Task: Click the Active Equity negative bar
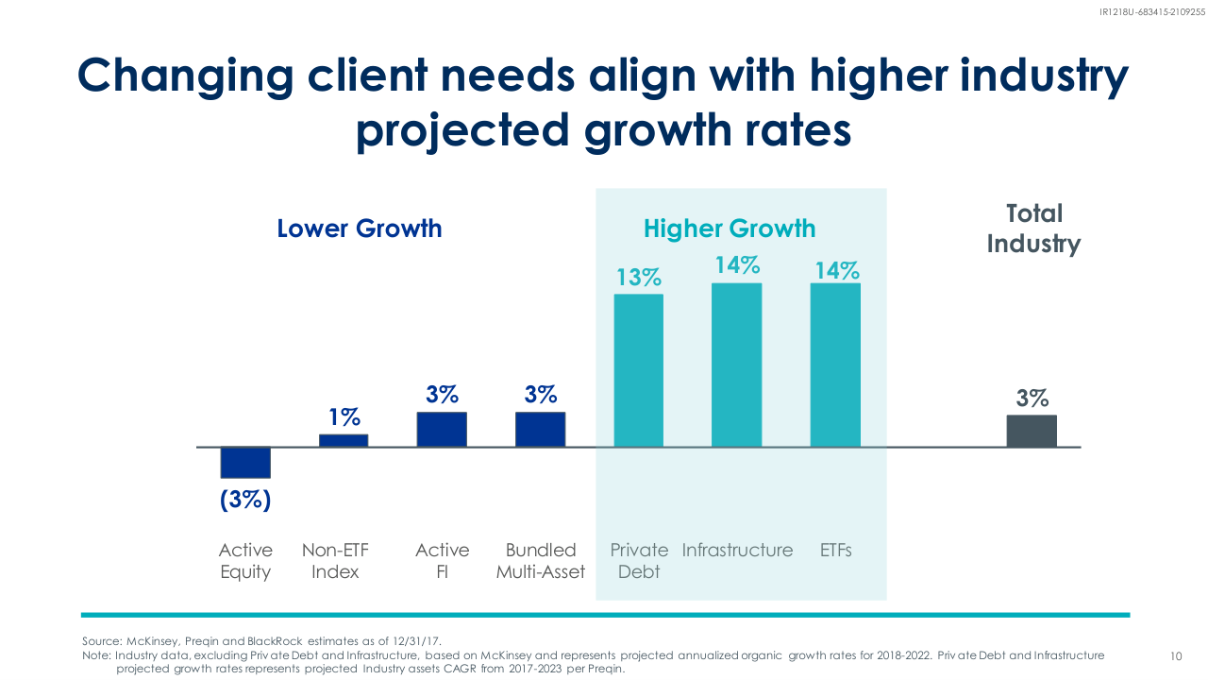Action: click(x=245, y=462)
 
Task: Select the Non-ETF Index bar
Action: click(x=344, y=440)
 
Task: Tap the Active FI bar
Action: click(x=442, y=429)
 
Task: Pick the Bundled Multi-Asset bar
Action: click(x=540, y=429)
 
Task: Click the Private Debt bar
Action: click(x=639, y=370)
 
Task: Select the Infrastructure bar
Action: click(x=736, y=365)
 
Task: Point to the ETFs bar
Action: click(x=835, y=365)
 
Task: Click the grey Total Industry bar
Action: click(x=1032, y=431)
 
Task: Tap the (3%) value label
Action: click(x=245, y=500)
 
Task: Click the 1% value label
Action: click(x=344, y=416)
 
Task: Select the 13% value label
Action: click(x=639, y=278)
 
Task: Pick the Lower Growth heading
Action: click(x=360, y=229)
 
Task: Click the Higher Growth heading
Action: click(x=730, y=229)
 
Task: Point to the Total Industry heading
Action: click(x=1033, y=229)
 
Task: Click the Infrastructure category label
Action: click(x=738, y=550)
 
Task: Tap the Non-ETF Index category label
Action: click(x=335, y=561)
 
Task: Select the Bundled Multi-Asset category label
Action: click(x=541, y=561)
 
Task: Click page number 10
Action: click(x=1176, y=655)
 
